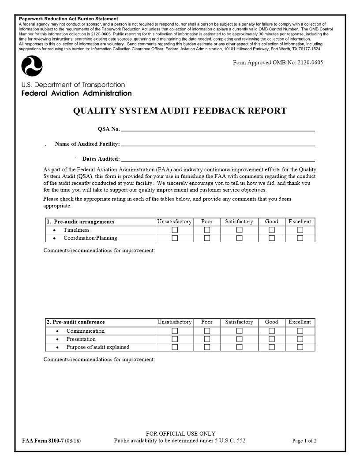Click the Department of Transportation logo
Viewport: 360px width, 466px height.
[32, 67]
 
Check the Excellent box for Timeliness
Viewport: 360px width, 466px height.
[300, 230]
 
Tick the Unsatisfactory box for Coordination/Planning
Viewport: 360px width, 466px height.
[175, 238]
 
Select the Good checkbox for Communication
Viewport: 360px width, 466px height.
[272, 331]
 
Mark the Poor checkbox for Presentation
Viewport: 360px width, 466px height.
[207, 339]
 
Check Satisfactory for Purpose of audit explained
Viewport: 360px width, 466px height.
[239, 347]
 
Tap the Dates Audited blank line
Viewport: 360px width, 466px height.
[217, 158]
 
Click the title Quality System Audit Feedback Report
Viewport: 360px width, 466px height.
[180, 111]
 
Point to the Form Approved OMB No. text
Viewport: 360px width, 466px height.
[277, 63]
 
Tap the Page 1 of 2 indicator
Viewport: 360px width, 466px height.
[304, 441]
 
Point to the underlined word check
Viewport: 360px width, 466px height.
[67, 199]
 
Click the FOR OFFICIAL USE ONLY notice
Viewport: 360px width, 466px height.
[180, 434]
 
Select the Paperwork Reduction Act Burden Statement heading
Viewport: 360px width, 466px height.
[68, 19]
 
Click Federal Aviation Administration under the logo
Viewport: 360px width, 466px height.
[76, 94]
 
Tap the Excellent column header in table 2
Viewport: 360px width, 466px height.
[300, 322]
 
